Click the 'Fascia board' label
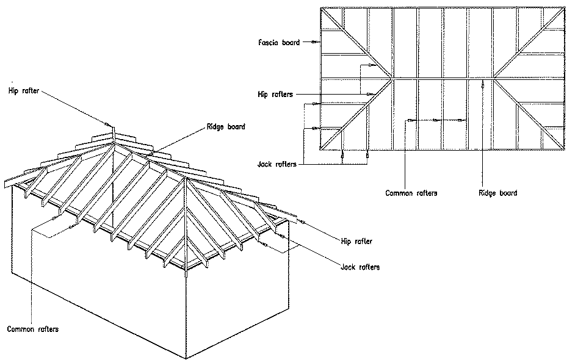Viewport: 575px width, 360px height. tap(278, 43)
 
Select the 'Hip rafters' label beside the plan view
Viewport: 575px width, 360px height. tap(275, 95)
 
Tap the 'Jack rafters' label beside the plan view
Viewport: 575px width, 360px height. tap(276, 164)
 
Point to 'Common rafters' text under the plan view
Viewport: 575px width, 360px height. tap(411, 193)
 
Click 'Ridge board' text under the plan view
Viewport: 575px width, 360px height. tap(498, 193)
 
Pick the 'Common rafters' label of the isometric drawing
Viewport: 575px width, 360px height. tap(33, 329)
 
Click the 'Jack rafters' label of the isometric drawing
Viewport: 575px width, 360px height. tap(360, 267)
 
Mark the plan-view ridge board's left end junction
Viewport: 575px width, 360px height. tap(391, 79)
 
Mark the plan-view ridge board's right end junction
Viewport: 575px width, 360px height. tap(493, 79)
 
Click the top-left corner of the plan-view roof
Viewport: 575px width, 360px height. tap(321, 8)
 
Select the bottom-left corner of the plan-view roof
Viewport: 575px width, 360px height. tap(321, 149)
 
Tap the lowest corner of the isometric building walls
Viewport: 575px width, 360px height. tap(184, 358)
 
